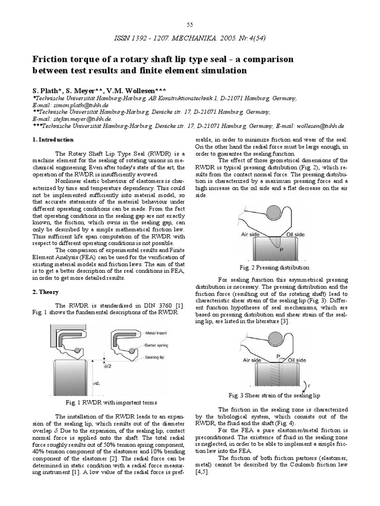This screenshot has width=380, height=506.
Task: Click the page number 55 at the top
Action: coord(190,25)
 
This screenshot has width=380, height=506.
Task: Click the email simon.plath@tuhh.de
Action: coord(79,105)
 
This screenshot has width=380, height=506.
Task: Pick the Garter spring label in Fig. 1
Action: coord(159,346)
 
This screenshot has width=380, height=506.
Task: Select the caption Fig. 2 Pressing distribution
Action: coord(275,267)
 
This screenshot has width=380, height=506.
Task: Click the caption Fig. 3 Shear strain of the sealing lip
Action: coord(274,396)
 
